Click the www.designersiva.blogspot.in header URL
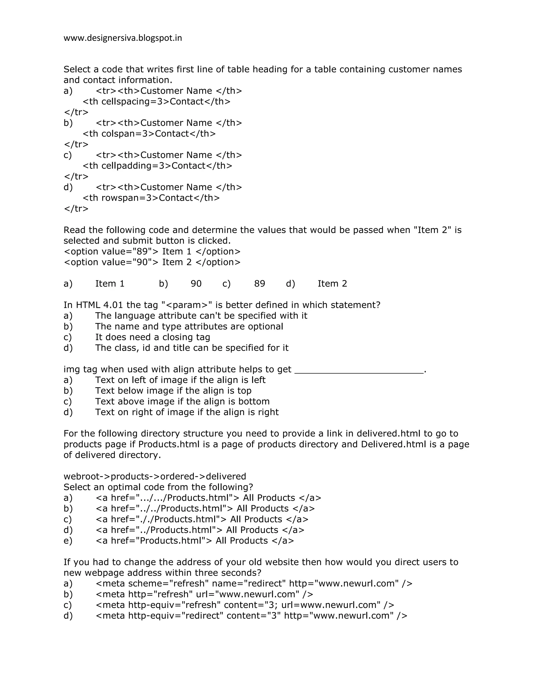123,38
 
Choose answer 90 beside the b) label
196,284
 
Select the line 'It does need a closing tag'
153,337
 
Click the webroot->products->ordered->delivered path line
155,476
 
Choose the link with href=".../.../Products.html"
208,498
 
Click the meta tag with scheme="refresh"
254,584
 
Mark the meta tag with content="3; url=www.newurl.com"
245,605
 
